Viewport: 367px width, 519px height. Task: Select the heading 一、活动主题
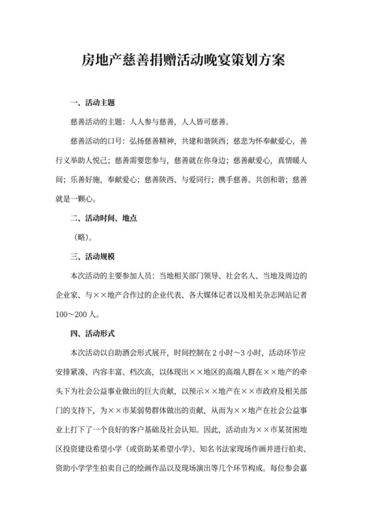(92, 103)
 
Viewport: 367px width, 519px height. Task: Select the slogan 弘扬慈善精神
(153, 141)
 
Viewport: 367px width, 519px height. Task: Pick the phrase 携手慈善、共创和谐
(248, 179)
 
